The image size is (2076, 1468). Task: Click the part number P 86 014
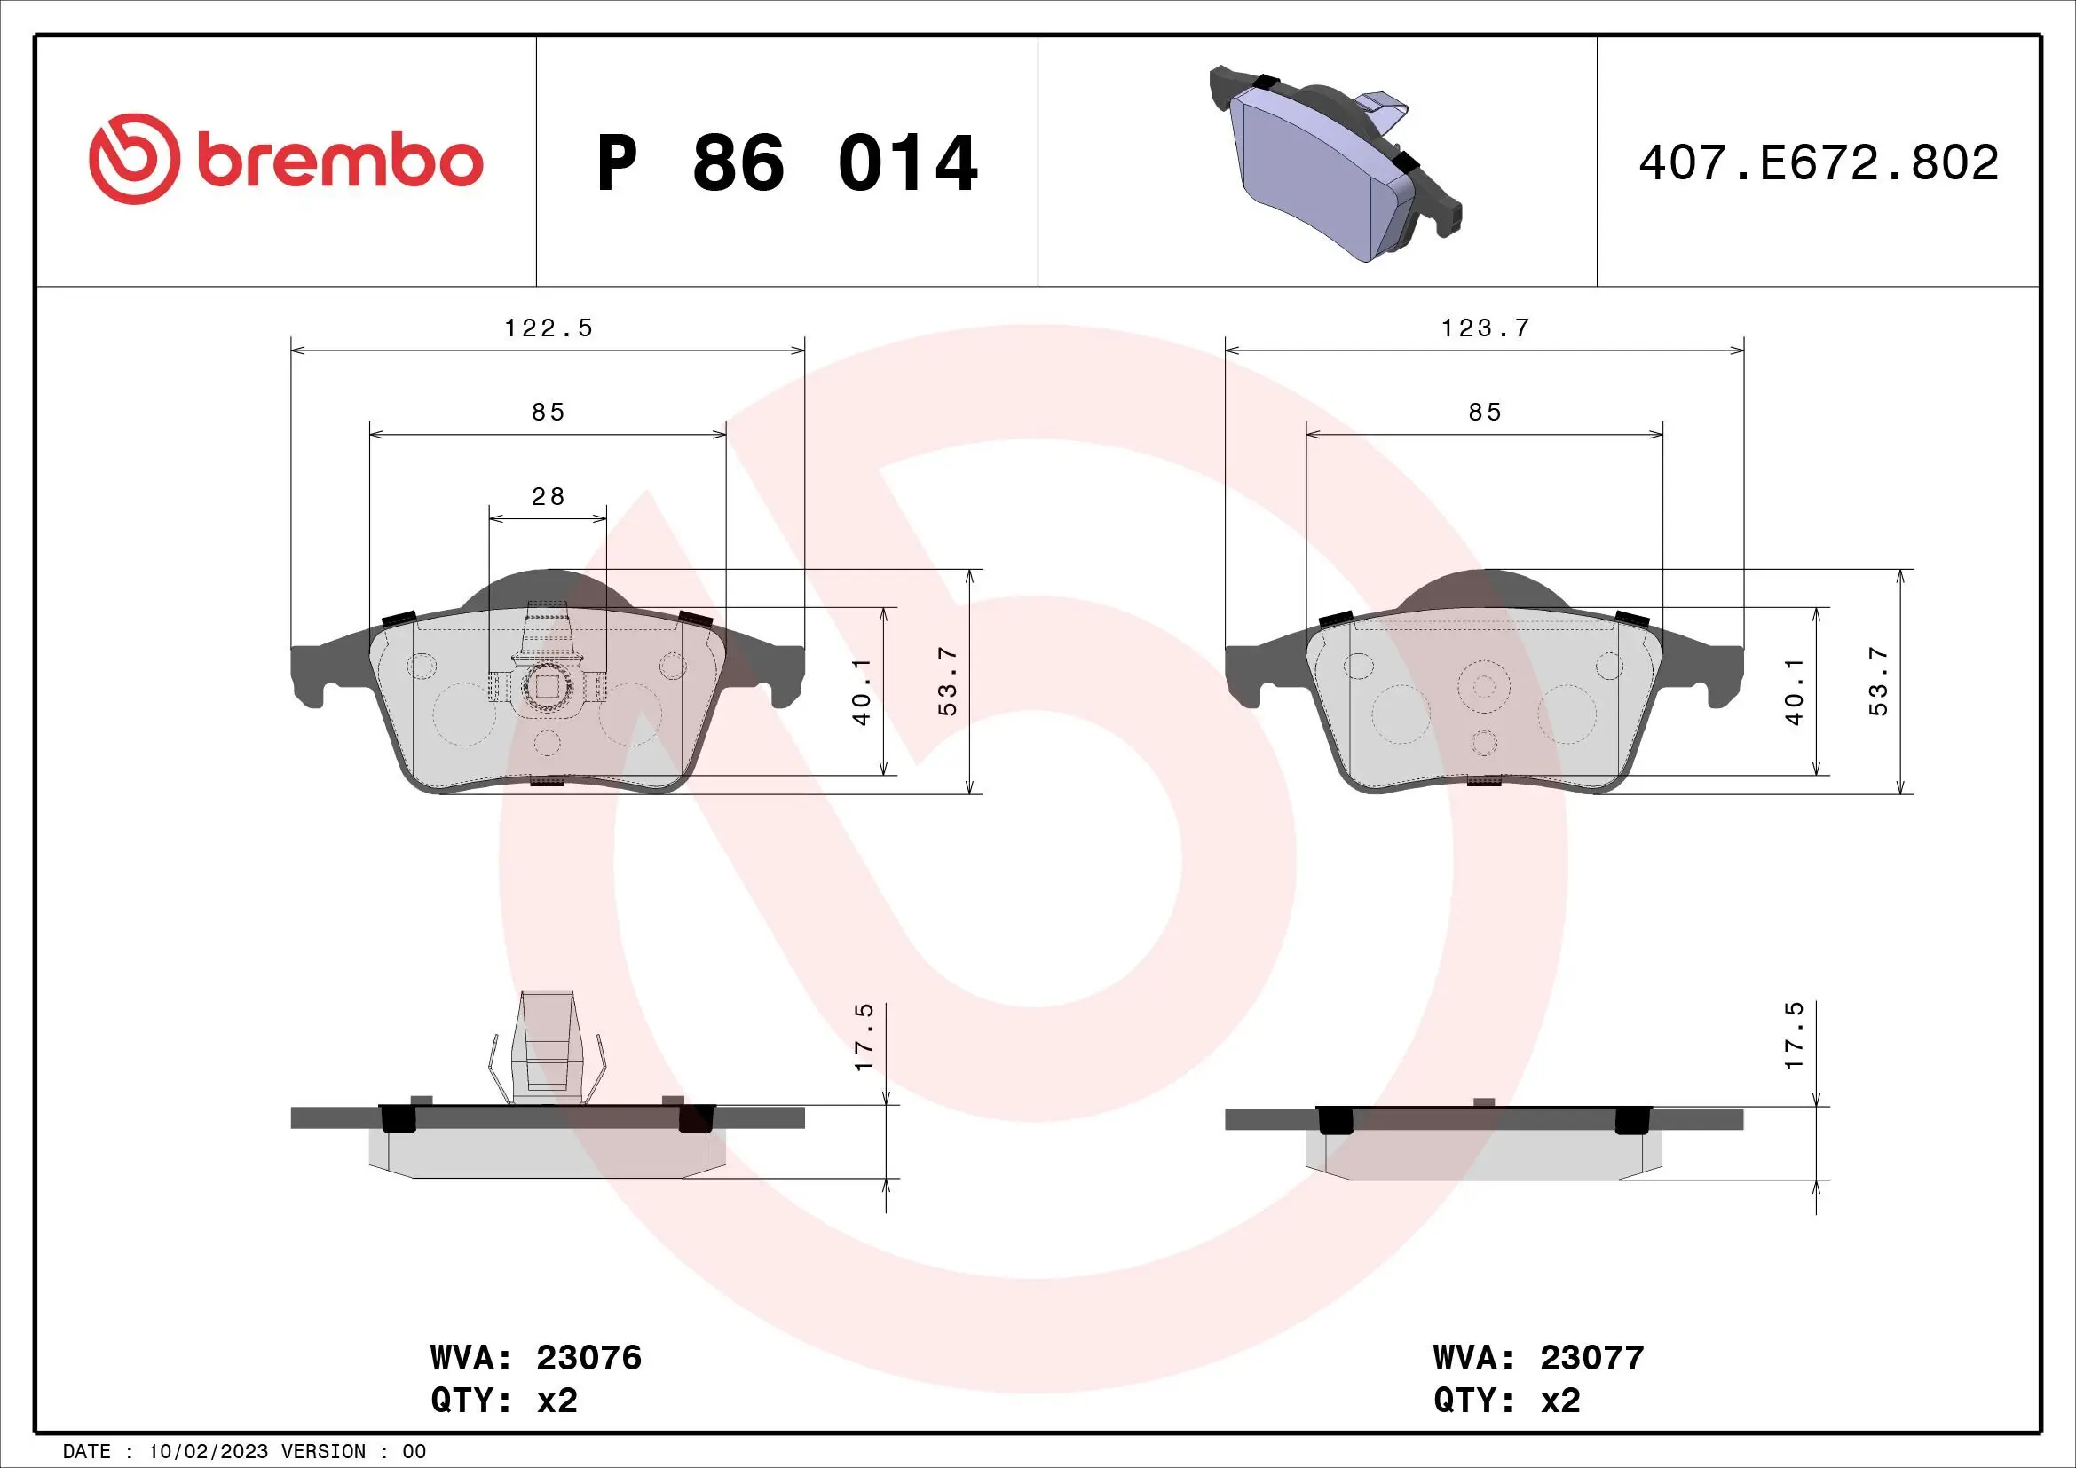(x=786, y=163)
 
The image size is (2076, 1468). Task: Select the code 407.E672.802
(x=1819, y=163)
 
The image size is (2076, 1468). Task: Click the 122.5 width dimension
(x=548, y=328)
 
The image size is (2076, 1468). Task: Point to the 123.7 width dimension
(x=1485, y=328)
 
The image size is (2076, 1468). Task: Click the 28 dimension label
(x=548, y=496)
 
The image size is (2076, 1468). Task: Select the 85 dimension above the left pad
(x=548, y=412)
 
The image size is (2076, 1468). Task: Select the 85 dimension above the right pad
(x=1485, y=412)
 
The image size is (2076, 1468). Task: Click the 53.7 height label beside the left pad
(x=947, y=682)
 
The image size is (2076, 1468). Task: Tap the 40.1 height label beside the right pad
(x=1794, y=691)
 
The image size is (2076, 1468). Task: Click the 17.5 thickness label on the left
(x=864, y=1037)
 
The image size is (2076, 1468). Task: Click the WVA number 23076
(x=588, y=1358)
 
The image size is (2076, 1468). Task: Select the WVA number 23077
(x=1591, y=1358)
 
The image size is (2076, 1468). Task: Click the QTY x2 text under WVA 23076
(x=503, y=1401)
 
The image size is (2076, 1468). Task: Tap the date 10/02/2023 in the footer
(x=208, y=1452)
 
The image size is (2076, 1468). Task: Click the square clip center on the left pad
(x=547, y=688)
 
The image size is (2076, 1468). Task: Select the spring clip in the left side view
(x=546, y=1050)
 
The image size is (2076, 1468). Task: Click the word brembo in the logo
(x=340, y=162)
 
